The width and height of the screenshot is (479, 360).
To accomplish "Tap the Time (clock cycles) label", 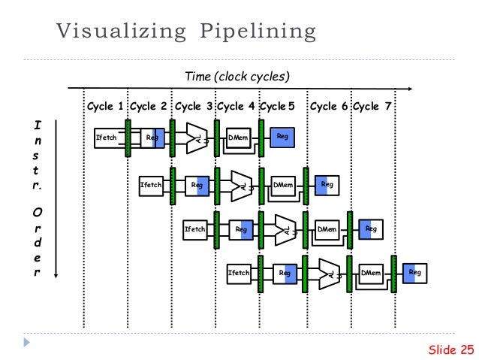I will click(237, 77).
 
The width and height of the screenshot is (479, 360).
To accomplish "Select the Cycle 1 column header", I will click(105, 107).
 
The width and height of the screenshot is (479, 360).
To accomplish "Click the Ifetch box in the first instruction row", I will click(105, 138).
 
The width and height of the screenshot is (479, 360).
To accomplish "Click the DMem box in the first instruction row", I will click(238, 138).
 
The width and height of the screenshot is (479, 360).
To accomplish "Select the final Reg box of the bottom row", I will click(415, 274).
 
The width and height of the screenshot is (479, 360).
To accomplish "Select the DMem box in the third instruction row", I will click(327, 229).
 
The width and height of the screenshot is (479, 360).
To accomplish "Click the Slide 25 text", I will click(450, 349).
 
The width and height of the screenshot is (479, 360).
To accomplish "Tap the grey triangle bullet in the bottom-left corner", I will click(28, 342).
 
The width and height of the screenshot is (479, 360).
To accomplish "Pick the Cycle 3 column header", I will click(193, 107).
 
